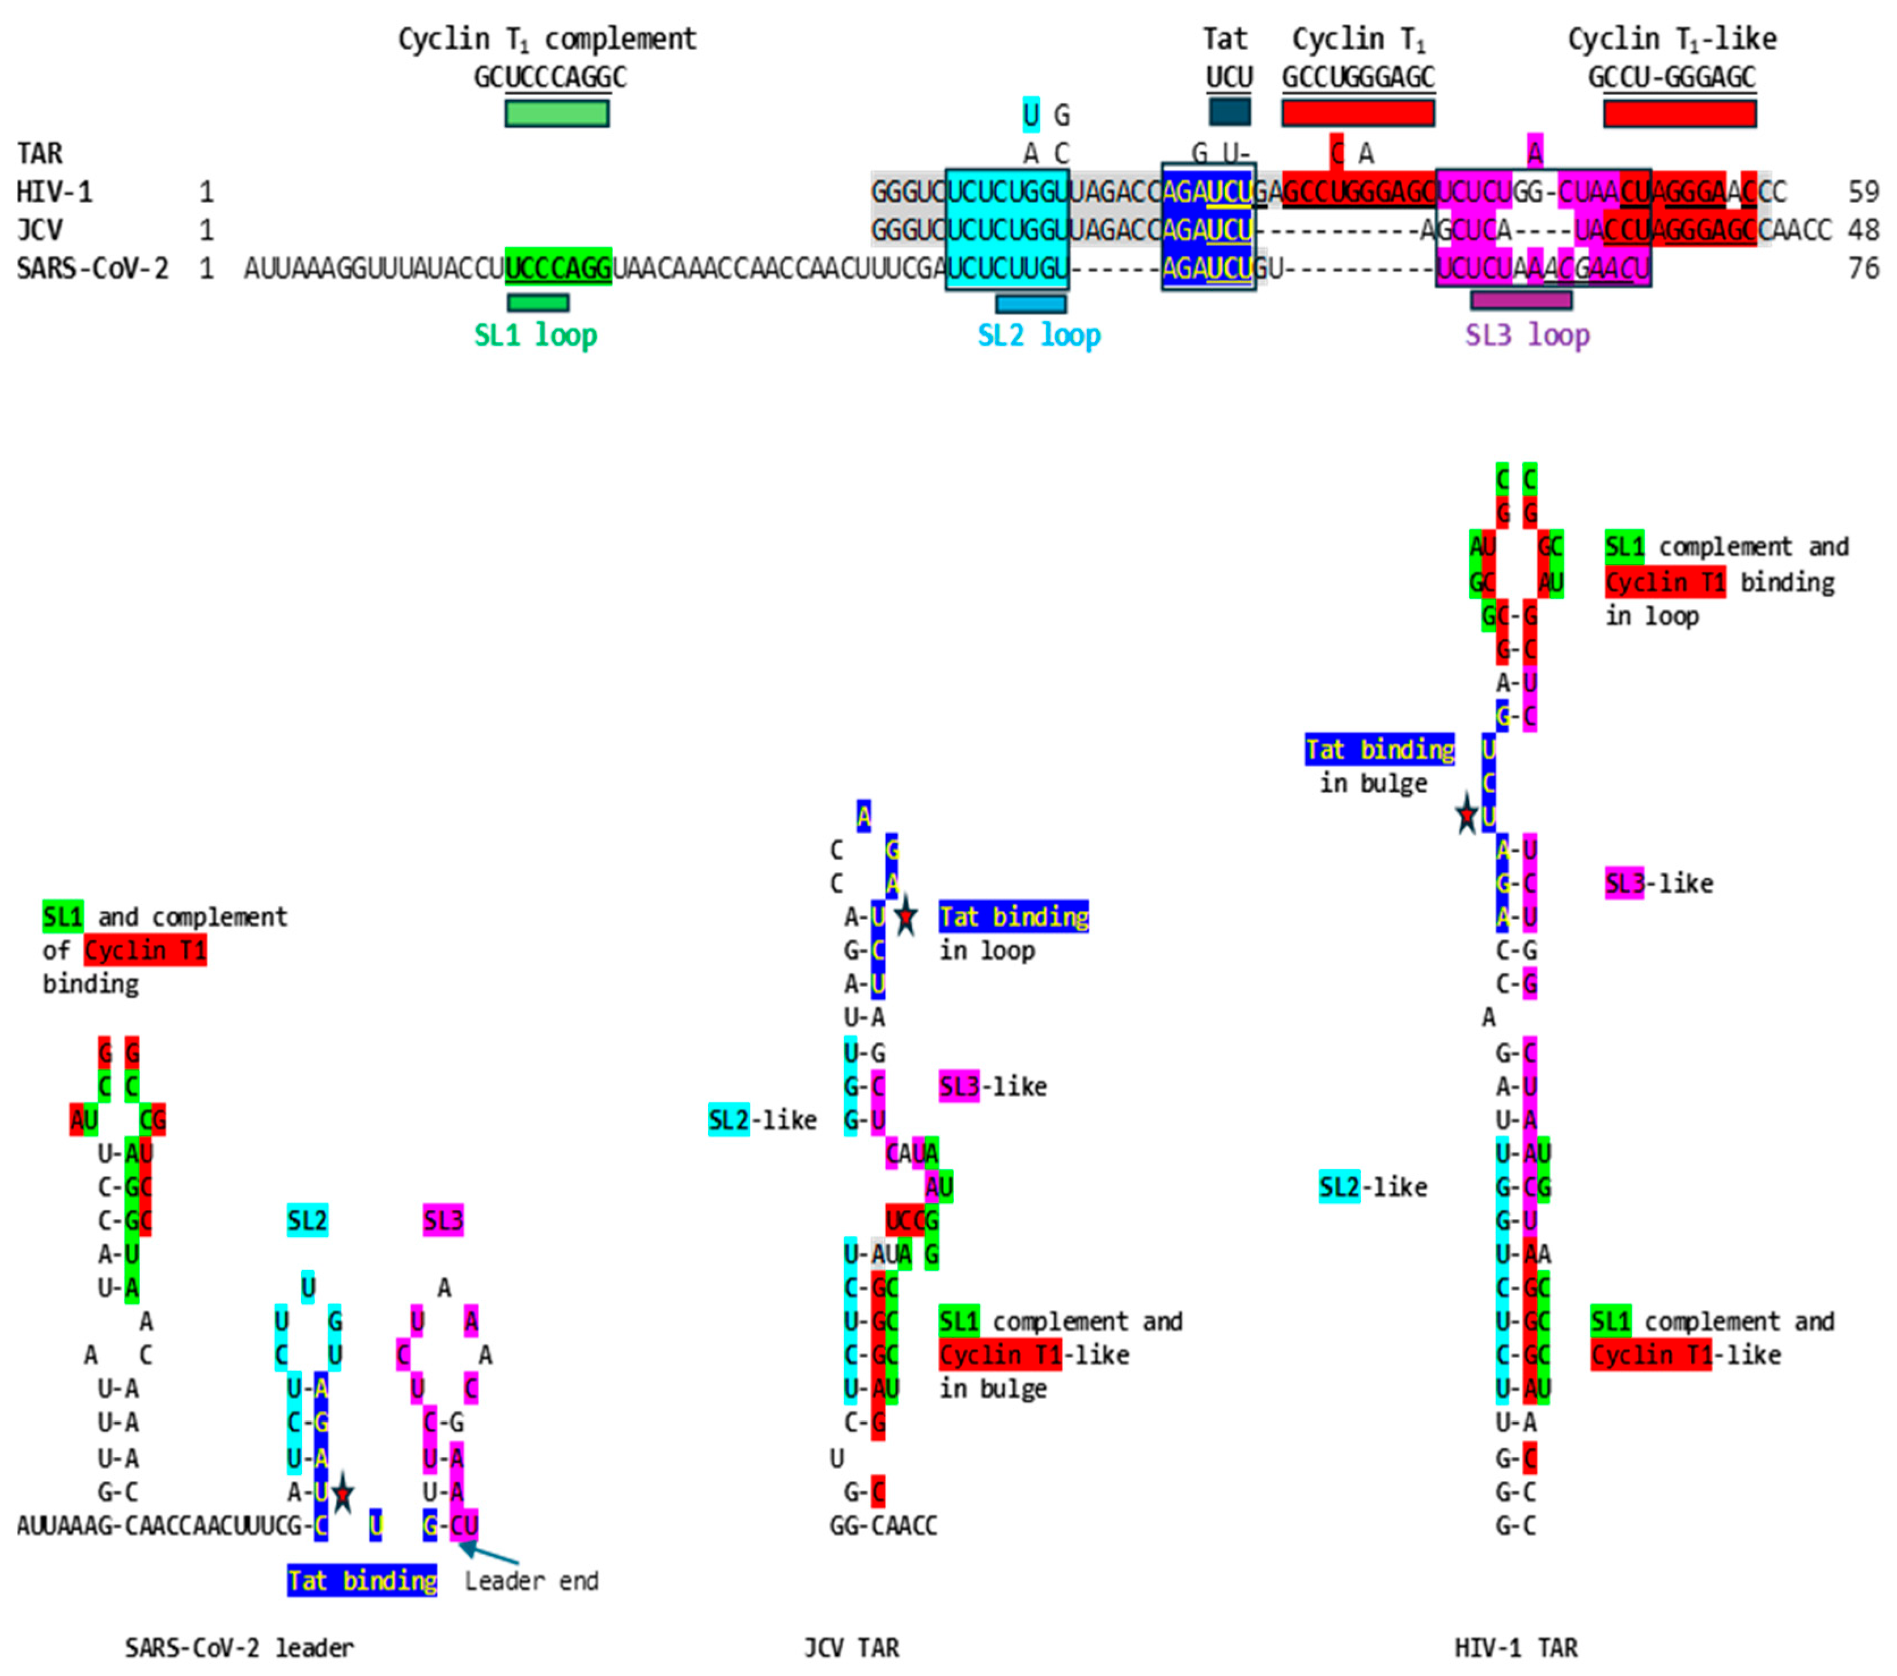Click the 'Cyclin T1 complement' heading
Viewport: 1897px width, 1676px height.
pos(546,39)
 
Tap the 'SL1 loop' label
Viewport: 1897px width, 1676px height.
pos(536,335)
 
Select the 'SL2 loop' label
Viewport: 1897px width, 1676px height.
pos(1039,335)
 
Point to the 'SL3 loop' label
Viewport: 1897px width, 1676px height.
pos(1527,335)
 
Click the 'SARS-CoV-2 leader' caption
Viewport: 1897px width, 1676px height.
pos(239,1647)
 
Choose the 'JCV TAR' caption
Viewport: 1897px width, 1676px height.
pos(851,1647)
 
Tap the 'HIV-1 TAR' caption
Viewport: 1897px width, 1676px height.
pos(1515,1647)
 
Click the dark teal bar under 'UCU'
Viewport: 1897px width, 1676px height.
pos(1230,112)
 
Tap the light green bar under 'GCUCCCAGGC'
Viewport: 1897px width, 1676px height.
pos(557,113)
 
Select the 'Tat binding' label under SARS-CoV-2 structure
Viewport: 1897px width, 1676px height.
pos(362,1580)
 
